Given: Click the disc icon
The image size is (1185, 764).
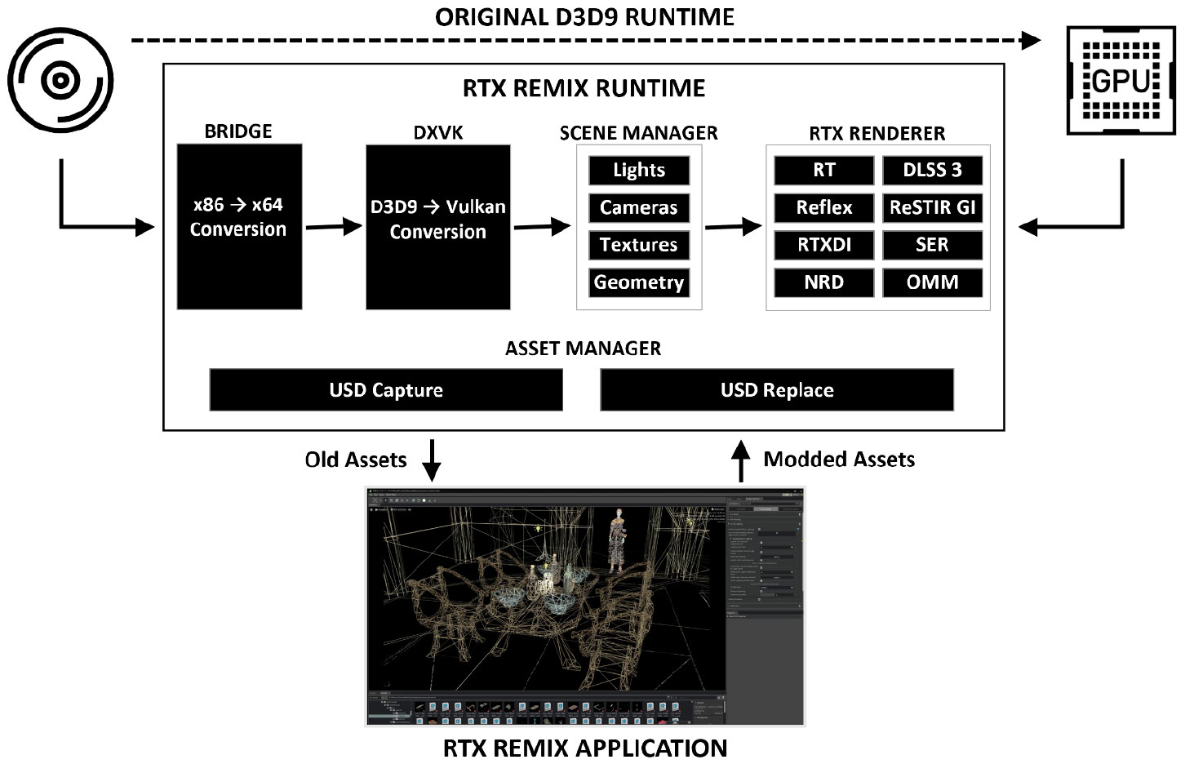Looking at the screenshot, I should click(x=60, y=80).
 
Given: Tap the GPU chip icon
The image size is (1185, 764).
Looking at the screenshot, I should click(x=1121, y=81).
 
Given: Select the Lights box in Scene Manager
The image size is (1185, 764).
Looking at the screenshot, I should click(x=639, y=170).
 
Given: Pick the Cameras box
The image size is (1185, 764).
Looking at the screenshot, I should click(x=639, y=207).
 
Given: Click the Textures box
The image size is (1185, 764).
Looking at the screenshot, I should click(x=639, y=245).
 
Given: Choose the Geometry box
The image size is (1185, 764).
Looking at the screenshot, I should click(x=639, y=282).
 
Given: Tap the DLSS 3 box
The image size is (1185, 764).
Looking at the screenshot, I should click(x=932, y=170).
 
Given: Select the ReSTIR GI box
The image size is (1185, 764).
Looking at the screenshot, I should click(x=932, y=207).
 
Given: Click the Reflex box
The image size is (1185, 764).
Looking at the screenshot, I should click(x=824, y=207).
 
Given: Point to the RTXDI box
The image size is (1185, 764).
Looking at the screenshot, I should click(x=824, y=245).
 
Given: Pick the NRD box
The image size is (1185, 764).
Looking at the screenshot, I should click(x=824, y=282).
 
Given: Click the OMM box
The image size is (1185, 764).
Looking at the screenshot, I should click(x=932, y=282).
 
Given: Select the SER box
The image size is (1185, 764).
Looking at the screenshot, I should click(x=932, y=245).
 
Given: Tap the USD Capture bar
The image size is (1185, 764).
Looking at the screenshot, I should click(x=386, y=390).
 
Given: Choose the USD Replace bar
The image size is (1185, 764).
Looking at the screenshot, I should click(x=777, y=390).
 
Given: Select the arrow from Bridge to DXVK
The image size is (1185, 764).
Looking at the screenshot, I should click(x=334, y=227).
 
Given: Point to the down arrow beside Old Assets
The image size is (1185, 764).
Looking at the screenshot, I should click(x=431, y=460).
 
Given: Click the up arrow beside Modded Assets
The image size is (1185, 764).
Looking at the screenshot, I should click(x=739, y=460).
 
